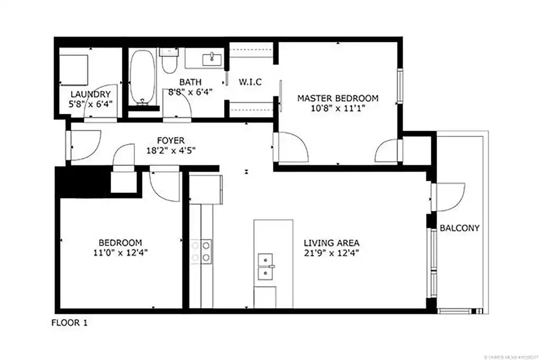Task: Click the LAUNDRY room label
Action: point(91,94)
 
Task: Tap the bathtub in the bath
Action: point(142,76)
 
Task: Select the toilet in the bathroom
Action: point(169,62)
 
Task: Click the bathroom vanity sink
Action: point(213,57)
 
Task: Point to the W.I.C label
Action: point(250,82)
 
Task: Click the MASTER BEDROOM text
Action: point(337,98)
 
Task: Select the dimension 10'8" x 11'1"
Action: point(337,108)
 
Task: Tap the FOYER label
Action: point(170,141)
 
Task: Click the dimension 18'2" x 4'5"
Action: point(170,151)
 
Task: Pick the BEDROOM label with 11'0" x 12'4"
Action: point(120,242)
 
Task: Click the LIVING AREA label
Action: point(331,243)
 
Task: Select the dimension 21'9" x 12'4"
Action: point(331,252)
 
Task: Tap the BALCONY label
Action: point(460,228)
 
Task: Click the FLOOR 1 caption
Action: point(69,323)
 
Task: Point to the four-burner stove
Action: point(201,251)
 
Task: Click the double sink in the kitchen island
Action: point(265,267)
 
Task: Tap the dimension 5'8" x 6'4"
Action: point(91,104)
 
